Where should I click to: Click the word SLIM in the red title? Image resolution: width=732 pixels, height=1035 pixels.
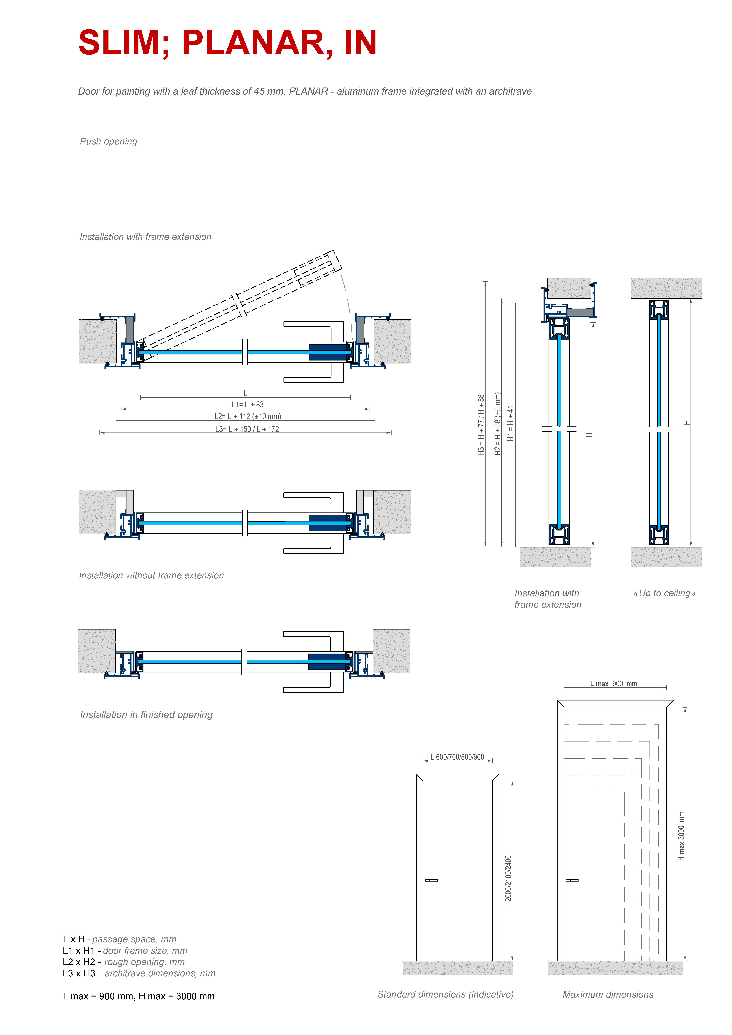point(119,43)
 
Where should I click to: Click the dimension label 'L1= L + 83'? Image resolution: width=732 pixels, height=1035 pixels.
point(247,405)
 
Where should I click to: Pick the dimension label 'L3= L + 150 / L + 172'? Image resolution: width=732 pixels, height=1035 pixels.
point(247,429)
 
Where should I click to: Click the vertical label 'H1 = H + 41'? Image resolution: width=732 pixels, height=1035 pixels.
point(511,423)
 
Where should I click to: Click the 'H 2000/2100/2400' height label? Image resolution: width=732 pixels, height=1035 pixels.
point(508,883)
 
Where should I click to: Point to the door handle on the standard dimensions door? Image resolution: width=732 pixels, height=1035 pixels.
point(431,880)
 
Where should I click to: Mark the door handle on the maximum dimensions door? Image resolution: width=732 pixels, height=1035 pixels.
point(572,880)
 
